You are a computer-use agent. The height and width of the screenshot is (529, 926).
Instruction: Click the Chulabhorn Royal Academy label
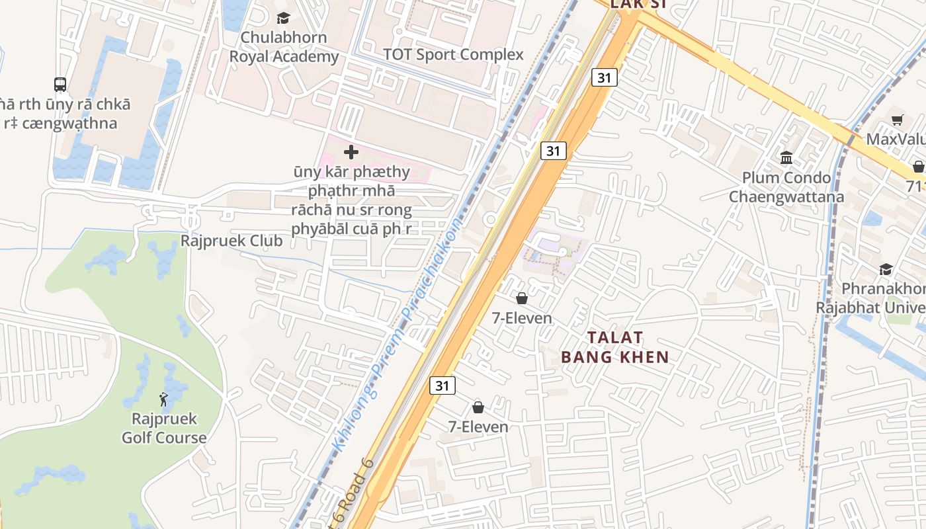pyautogui.click(x=283, y=47)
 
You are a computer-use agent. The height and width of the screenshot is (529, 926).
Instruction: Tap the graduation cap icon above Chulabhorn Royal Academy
pyautogui.click(x=283, y=18)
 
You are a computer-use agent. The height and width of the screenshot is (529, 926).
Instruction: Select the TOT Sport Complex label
pyautogui.click(x=453, y=55)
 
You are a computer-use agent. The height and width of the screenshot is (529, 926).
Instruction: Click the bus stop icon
pyautogui.click(x=60, y=85)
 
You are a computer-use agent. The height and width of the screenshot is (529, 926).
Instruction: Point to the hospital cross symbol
pyautogui.click(x=351, y=153)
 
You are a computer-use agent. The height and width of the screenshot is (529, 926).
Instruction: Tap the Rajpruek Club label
pyautogui.click(x=232, y=241)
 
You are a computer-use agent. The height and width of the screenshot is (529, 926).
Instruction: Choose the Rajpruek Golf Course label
pyautogui.click(x=164, y=428)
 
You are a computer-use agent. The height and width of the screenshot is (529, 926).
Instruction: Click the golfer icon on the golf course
pyautogui.click(x=163, y=399)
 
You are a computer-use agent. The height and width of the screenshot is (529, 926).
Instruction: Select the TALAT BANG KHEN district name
pyautogui.click(x=614, y=347)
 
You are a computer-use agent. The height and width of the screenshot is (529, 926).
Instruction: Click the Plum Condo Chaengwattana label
pyautogui.click(x=786, y=187)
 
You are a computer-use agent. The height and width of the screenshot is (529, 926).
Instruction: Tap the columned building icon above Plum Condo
pyautogui.click(x=786, y=158)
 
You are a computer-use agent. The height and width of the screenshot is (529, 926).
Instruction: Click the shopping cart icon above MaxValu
pyautogui.click(x=897, y=120)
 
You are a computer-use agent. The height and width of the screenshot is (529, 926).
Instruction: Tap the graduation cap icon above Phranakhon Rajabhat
pyautogui.click(x=886, y=269)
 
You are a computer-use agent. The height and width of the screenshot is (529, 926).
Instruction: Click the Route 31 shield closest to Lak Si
pyautogui.click(x=604, y=78)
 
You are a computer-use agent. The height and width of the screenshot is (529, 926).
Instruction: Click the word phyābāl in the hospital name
pyautogui.click(x=319, y=229)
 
